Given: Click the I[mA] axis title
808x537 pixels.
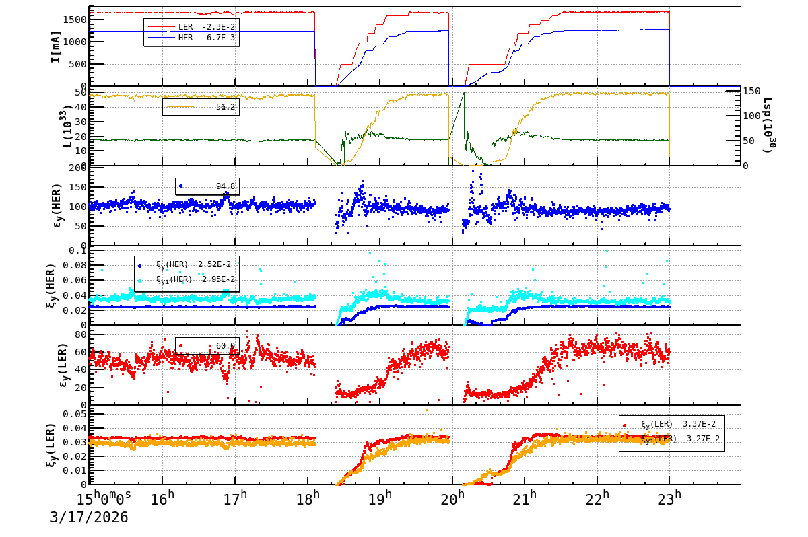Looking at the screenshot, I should [x=57, y=46].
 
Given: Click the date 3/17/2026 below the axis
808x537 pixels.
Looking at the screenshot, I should [x=89, y=517].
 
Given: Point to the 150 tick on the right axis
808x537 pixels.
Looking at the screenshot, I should [x=751, y=92].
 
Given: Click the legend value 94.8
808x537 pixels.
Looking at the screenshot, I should [x=225, y=186].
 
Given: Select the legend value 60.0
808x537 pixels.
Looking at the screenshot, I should [x=225, y=346].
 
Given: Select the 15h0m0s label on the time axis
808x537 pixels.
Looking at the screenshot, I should [x=105, y=499].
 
